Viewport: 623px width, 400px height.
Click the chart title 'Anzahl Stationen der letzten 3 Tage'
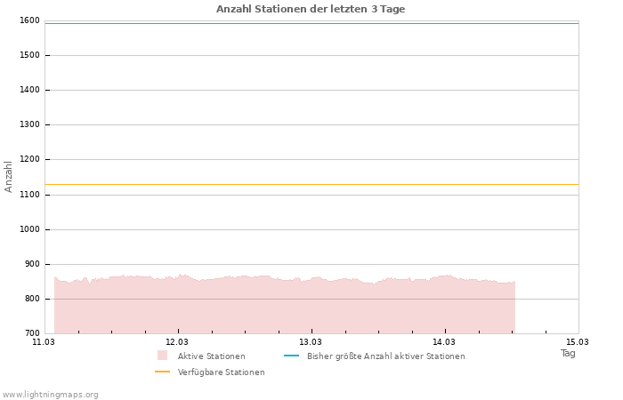(311, 9)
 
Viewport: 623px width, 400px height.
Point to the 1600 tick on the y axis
(28, 20)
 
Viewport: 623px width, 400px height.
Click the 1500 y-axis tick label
(28, 55)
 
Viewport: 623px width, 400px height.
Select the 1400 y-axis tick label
(28, 90)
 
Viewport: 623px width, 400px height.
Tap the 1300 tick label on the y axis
(28, 124)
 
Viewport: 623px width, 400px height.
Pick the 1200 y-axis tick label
(28, 160)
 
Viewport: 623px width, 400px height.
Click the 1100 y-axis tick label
(28, 195)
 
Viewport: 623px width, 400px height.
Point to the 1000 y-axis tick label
(28, 229)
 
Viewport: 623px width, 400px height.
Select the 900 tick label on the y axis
(31, 264)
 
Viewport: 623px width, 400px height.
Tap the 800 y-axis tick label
(31, 299)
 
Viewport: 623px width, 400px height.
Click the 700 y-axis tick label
(31, 333)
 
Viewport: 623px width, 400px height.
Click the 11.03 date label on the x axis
(44, 341)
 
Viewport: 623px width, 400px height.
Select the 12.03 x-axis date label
(177, 341)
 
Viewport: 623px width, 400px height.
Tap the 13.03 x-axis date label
(311, 341)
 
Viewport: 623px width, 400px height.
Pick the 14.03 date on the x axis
(444, 341)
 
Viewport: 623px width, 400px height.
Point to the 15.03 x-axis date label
(578, 341)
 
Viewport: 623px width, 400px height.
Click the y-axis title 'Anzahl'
(9, 176)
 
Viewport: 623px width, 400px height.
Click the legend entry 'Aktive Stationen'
(211, 356)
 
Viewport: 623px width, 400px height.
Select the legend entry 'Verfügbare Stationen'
(221, 372)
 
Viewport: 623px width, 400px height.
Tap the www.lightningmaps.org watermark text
(51, 395)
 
